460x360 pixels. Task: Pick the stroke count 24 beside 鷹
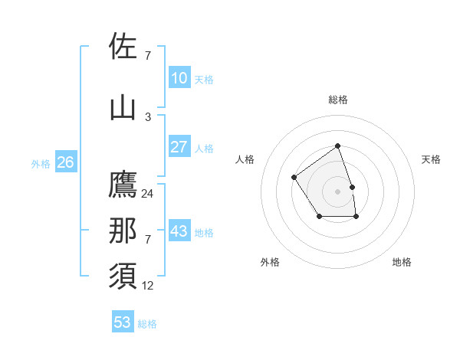tap(148, 194)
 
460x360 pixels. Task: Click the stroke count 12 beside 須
tap(148, 286)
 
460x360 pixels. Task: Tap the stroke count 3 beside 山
tap(148, 116)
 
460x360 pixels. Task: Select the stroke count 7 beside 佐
tap(148, 56)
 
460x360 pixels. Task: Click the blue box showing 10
tap(179, 78)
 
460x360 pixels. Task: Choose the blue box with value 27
tap(179, 147)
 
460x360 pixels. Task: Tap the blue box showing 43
tap(179, 231)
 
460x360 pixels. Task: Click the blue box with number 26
tap(65, 162)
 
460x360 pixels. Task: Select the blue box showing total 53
tap(122, 322)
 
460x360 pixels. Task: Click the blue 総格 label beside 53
tap(147, 324)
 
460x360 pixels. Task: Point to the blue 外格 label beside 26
tap(41, 164)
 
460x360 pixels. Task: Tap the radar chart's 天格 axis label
tap(432, 159)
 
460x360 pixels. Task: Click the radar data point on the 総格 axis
tap(337, 146)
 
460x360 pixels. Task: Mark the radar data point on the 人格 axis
tap(294, 178)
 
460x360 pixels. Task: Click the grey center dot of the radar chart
tap(337, 191)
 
